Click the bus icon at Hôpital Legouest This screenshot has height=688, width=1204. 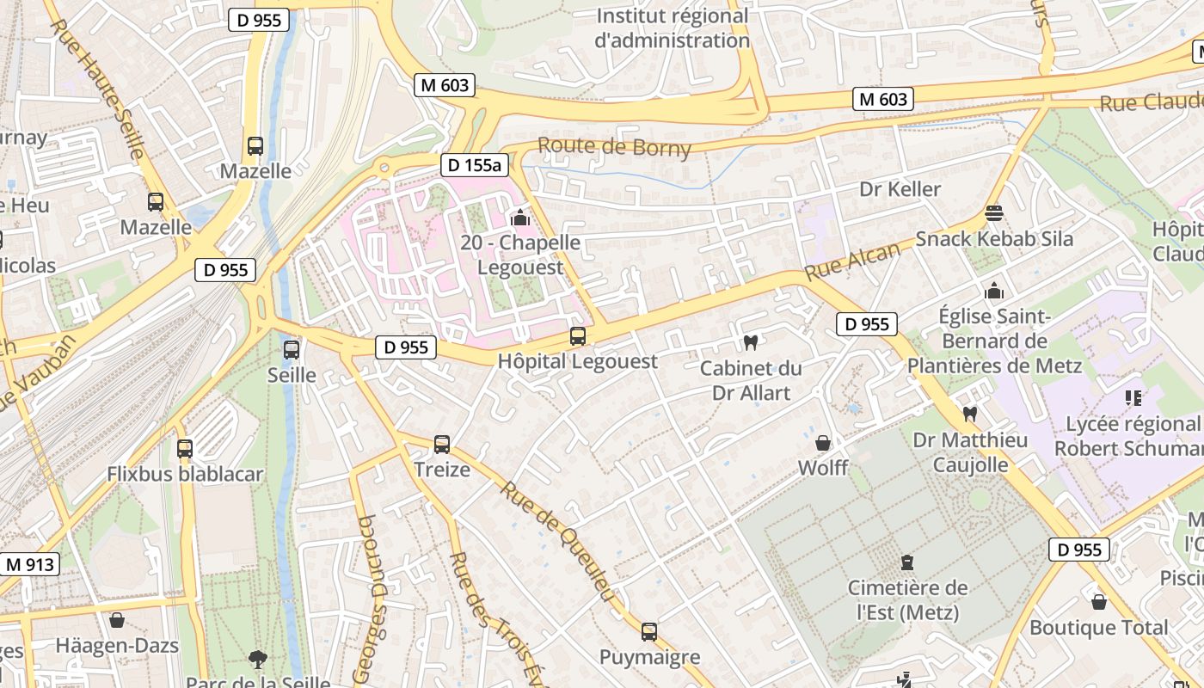[578, 335]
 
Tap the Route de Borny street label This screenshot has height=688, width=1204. [614, 147]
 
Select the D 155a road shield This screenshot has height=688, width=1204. [473, 165]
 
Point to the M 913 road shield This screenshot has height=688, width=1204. [30, 565]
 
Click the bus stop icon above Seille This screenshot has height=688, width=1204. [292, 349]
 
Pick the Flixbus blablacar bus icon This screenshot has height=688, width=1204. [185, 448]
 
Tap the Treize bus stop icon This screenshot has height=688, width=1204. [442, 444]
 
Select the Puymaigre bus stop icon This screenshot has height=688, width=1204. [649, 632]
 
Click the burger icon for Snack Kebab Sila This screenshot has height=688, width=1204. [994, 212]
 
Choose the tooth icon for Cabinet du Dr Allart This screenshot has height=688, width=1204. [750, 342]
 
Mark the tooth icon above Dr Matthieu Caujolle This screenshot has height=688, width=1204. [970, 414]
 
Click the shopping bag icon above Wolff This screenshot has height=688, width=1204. [823, 443]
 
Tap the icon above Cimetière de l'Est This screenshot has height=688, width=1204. [906, 563]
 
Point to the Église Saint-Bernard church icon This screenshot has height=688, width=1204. [994, 291]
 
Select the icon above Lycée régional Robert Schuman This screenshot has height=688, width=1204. [1133, 397]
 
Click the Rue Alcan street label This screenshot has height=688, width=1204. [853, 260]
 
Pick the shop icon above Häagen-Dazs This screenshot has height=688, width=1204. [117, 619]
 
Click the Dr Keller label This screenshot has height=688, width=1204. [900, 188]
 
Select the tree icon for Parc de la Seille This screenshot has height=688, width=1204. [257, 660]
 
